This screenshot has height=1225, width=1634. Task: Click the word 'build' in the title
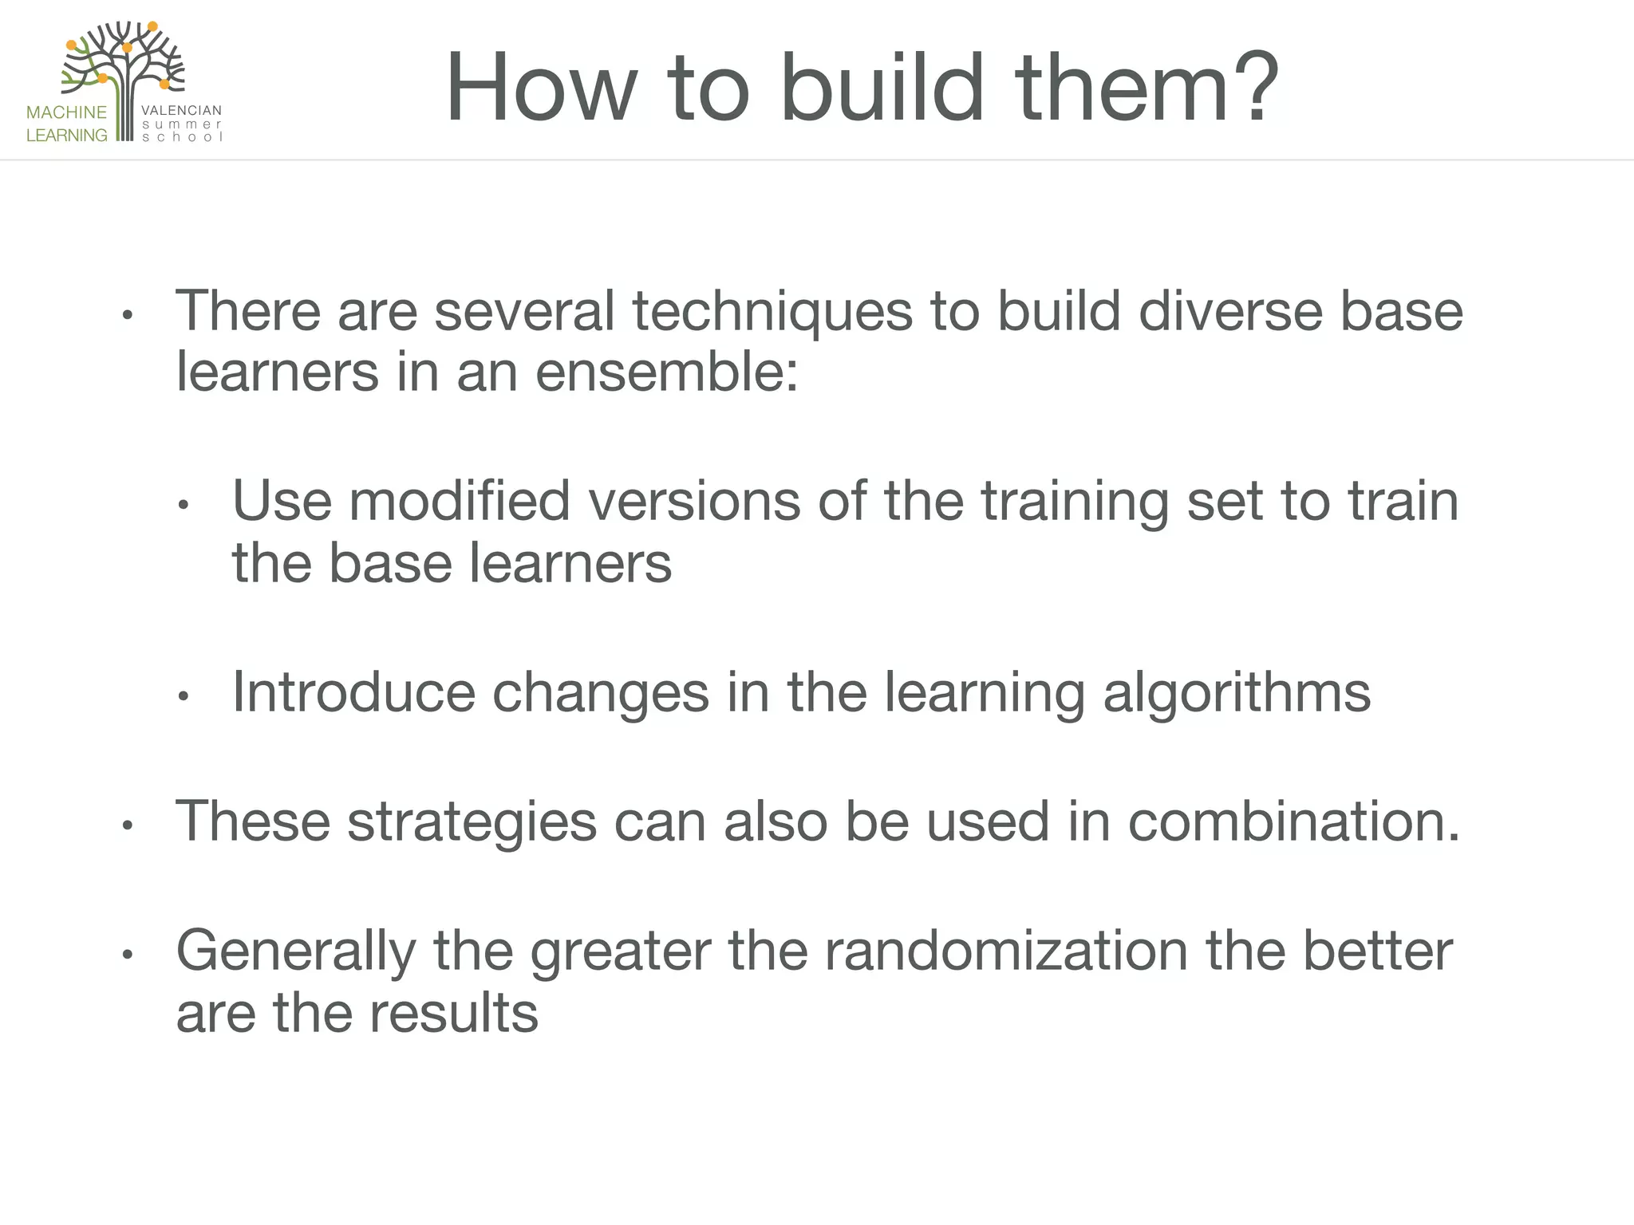pos(882,88)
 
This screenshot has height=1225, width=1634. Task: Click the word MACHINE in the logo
pos(66,112)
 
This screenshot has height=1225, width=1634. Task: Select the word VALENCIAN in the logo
pos(181,111)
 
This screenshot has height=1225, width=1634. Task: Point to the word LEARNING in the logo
pos(66,136)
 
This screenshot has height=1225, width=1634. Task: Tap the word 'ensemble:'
pos(666,372)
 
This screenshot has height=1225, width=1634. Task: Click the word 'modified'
pos(460,502)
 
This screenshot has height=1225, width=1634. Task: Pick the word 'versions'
pos(694,502)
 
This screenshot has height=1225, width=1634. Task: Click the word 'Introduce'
pos(353,692)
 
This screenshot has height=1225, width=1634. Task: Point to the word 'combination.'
pos(1293,821)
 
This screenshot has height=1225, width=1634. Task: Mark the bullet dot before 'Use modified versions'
pos(183,506)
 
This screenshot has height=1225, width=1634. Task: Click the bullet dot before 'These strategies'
pos(126,826)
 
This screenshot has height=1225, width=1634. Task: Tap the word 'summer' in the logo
pos(181,124)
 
